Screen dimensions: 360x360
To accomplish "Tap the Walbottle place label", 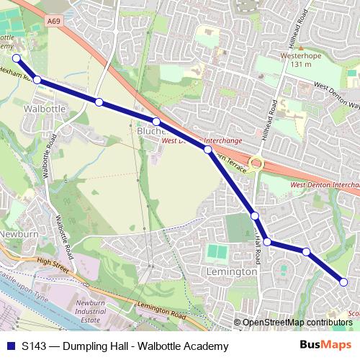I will coord(45,108).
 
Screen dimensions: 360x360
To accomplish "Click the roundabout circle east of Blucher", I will coord(256,163).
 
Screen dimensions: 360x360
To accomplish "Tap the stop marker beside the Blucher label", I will coord(156,121).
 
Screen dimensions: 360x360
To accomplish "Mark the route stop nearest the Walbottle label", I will coord(37,80).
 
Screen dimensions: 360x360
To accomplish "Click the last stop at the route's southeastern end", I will coord(343,282).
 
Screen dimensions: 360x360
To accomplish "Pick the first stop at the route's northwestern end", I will coord(17,59).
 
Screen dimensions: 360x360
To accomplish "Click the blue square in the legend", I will coord(10,346).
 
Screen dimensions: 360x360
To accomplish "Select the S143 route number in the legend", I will coord(35,346).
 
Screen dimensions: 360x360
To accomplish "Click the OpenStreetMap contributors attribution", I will coord(297,323).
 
